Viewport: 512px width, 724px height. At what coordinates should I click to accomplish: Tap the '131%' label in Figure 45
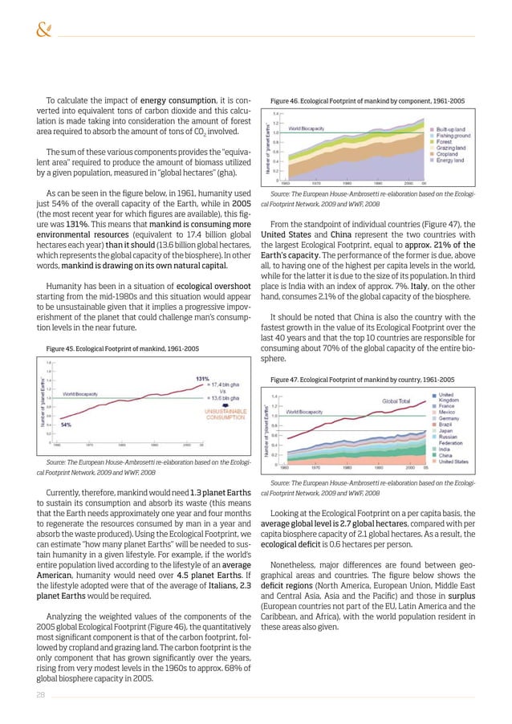[203, 379]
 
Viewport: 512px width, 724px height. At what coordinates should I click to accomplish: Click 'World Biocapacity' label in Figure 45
[81, 394]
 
